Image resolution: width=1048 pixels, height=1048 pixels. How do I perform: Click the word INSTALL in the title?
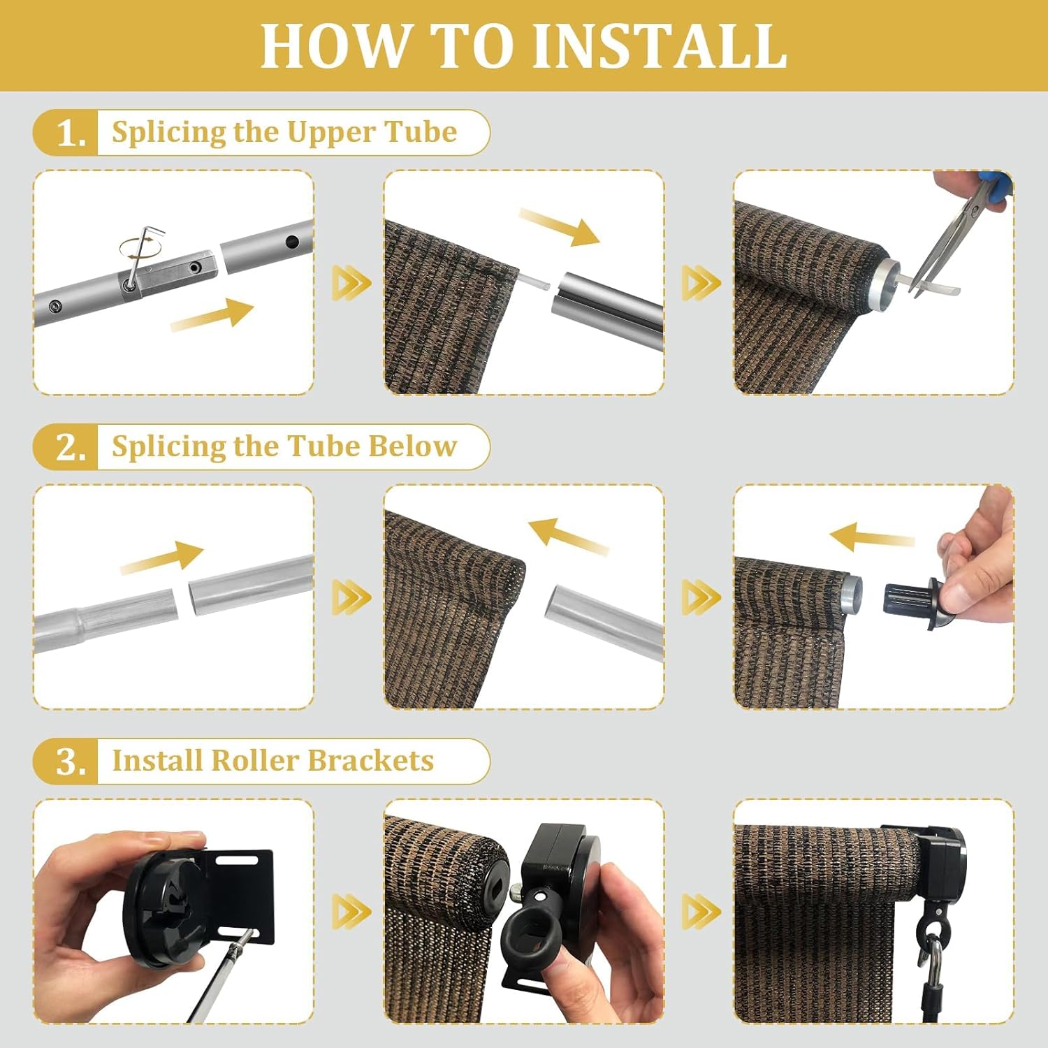tap(660, 46)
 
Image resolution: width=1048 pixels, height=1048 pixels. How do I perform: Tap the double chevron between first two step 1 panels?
tap(349, 282)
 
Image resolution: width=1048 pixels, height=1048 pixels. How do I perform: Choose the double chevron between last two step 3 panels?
tap(701, 911)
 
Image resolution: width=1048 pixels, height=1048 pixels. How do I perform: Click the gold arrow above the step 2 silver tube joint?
tap(162, 557)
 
